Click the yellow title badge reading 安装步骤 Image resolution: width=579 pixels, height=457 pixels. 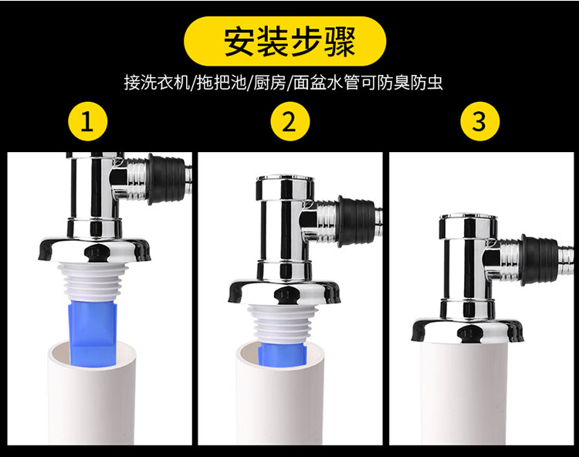(x=285, y=42)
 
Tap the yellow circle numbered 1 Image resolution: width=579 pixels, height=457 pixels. (x=87, y=121)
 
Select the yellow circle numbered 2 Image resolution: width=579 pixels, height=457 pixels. (x=289, y=121)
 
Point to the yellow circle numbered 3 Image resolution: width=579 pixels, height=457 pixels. (x=479, y=121)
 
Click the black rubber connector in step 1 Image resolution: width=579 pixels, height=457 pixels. (x=166, y=178)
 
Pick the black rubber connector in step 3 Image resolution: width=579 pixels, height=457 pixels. (x=539, y=259)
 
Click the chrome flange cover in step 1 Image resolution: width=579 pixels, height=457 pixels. (x=95, y=249)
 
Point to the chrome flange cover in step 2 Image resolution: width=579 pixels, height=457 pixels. (x=284, y=292)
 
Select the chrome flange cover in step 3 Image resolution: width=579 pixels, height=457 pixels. (x=468, y=329)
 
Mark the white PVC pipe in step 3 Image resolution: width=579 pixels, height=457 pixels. (x=466, y=391)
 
